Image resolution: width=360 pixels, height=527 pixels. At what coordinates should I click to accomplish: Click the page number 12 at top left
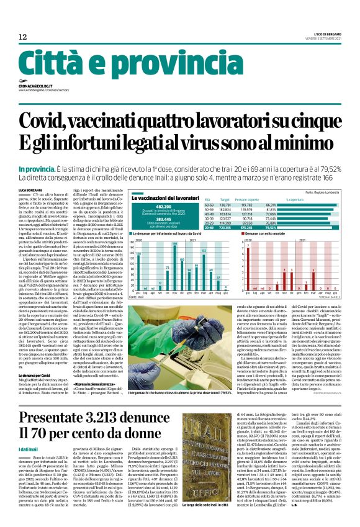(x=23, y=37)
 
